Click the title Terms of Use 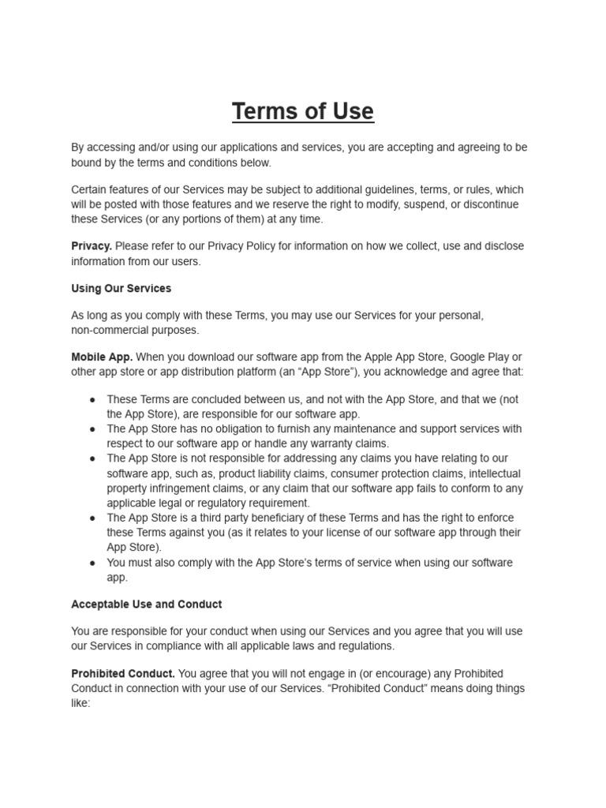[303, 111]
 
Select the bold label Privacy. [91, 246]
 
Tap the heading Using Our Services [121, 288]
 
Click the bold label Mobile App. [102, 357]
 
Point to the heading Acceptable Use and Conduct [146, 604]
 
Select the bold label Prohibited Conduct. [122, 673]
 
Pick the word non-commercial [107, 330]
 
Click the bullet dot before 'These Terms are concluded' [92, 399]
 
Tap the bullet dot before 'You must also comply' [92, 563]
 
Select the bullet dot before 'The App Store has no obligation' [92, 429]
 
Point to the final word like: [81, 702]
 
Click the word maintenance [380, 429]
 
